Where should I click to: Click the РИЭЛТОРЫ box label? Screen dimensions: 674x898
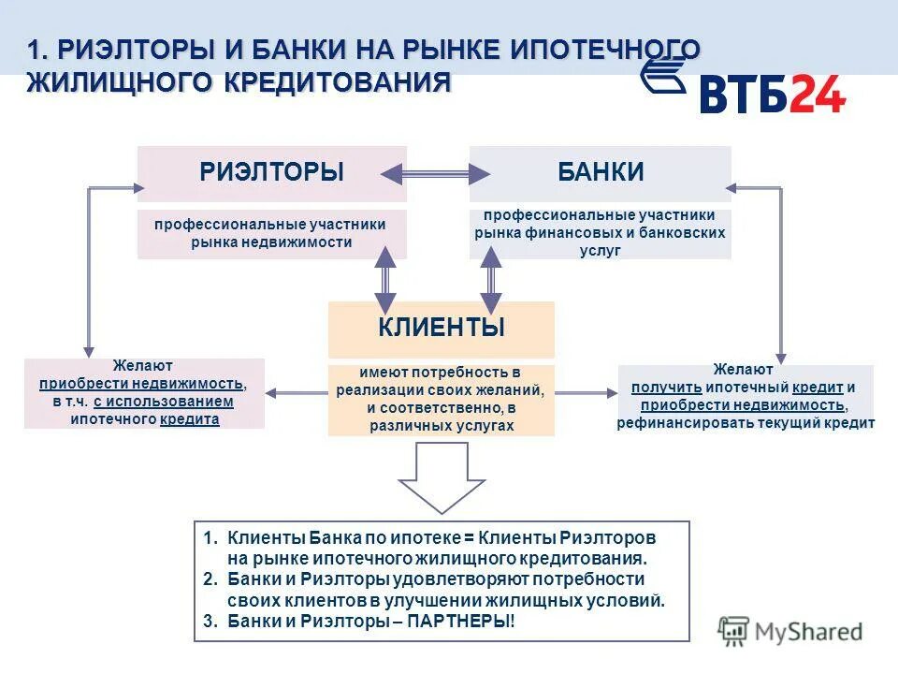coord(271,172)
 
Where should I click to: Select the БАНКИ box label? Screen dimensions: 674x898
coord(601,172)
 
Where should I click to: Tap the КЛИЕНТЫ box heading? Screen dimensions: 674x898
coord(442,328)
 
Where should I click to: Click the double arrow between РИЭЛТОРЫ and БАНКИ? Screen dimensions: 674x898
coord(436,173)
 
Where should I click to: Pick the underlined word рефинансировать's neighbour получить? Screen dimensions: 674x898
coord(666,388)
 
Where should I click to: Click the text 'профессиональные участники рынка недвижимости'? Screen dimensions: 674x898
coord(270,233)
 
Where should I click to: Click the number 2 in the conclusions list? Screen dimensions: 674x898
coord(209,579)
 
